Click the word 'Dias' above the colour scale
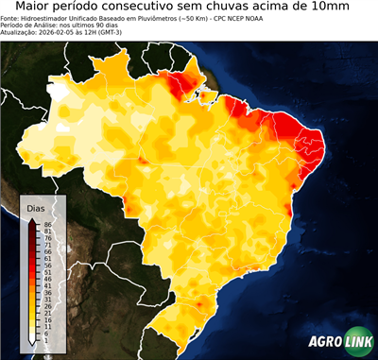point(36,207)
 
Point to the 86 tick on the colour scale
point(46,224)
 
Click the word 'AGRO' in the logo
point(324,342)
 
